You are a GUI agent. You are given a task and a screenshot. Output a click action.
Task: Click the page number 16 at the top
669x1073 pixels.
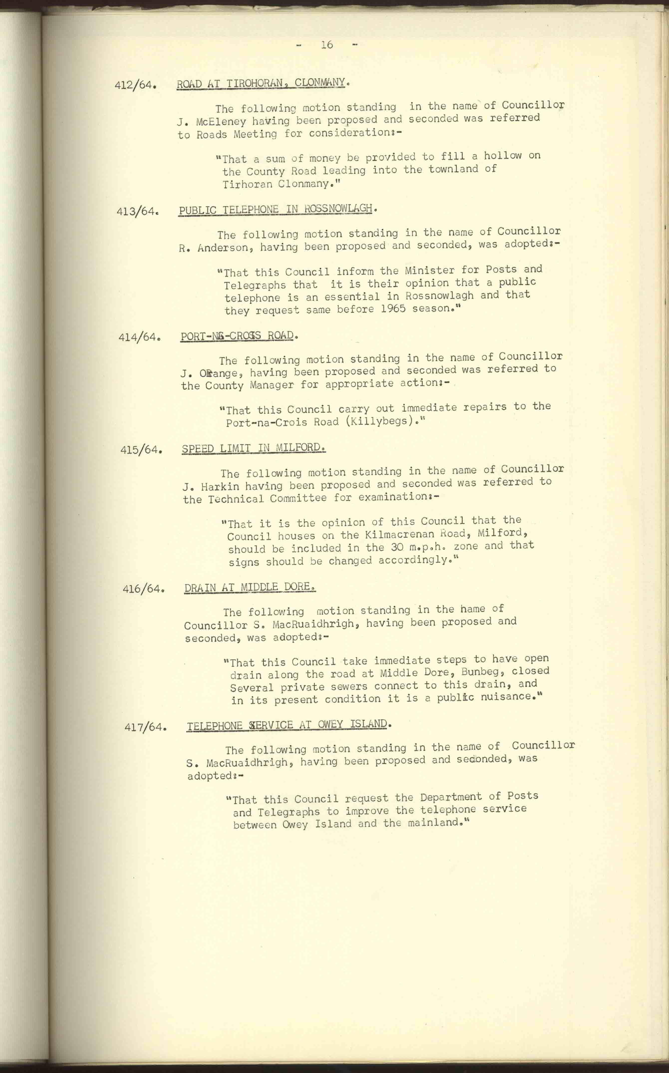coord(327,45)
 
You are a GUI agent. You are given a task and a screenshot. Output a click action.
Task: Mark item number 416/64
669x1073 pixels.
coord(143,589)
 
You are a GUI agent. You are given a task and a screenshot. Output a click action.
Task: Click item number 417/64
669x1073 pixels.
coord(145,727)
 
